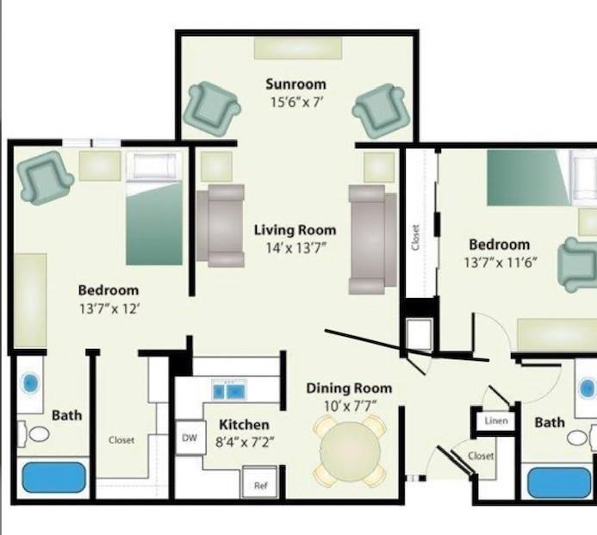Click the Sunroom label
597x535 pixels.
[295, 84]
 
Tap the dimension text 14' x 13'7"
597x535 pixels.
[295, 247]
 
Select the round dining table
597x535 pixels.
[350, 449]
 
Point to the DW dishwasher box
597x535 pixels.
[190, 438]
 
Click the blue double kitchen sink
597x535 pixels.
[230, 392]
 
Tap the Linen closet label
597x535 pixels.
[496, 421]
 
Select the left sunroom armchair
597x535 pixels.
[213, 109]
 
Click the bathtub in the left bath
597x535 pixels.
[53, 477]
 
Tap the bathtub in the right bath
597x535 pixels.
[559, 482]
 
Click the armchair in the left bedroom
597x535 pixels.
[45, 177]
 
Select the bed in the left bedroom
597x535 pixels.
[154, 210]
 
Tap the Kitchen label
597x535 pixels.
[244, 425]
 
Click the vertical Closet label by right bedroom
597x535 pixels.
[415, 238]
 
